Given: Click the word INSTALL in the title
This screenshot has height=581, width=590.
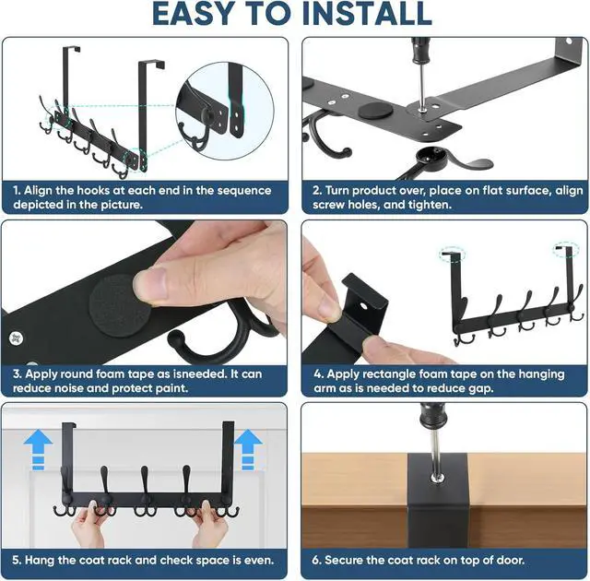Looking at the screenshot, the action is pos(367,15).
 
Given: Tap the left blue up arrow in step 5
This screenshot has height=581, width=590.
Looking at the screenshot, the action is pos(38,450).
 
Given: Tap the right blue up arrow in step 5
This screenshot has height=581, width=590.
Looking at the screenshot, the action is pos(248,450).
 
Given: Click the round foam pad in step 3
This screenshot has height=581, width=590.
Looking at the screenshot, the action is pos(112,305).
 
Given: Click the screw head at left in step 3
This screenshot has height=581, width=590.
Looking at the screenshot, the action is pos(16,338).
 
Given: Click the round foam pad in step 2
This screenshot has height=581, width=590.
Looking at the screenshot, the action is pos(374,111).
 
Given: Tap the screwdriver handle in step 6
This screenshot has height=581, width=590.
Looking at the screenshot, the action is pos(431,416).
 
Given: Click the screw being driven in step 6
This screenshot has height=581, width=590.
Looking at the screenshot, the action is pos(437,479).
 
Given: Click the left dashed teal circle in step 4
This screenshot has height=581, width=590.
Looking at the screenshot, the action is pos(452,254).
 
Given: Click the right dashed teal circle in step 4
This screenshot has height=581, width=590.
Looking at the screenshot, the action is pos(566,249).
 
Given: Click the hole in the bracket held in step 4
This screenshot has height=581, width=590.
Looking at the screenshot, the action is pos(364,306).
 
